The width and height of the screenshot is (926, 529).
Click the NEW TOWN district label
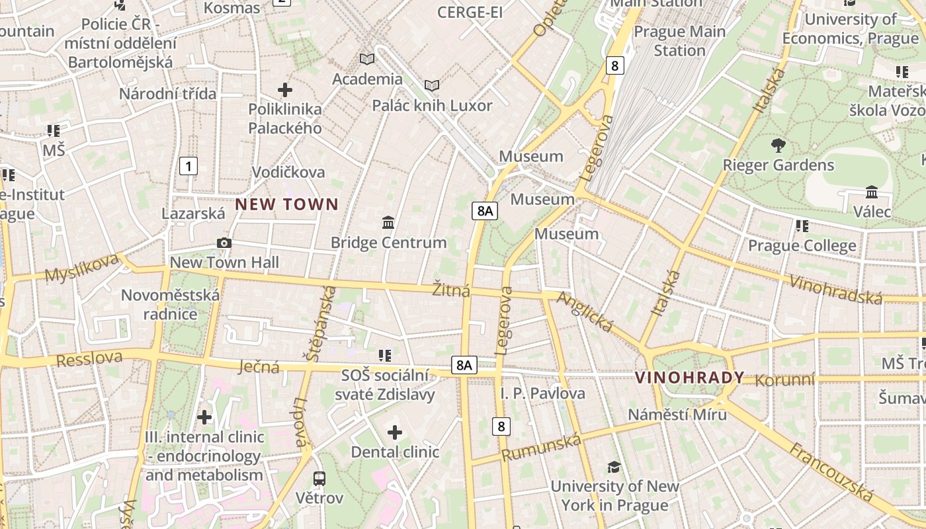pyautogui.click(x=286, y=204)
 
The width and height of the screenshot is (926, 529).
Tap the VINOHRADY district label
pyautogui.click(x=689, y=378)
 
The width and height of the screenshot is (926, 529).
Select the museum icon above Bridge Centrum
pyautogui.click(x=388, y=223)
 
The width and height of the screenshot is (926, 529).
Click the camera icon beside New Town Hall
pyautogui.click(x=224, y=243)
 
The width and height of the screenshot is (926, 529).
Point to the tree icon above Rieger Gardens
pyautogui.click(x=778, y=145)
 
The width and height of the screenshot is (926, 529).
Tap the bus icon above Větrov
pyautogui.click(x=319, y=478)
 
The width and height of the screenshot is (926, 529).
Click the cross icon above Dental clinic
pyautogui.click(x=395, y=433)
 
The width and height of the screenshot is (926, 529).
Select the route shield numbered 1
pyautogui.click(x=189, y=166)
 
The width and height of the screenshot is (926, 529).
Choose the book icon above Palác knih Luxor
pyautogui.click(x=432, y=85)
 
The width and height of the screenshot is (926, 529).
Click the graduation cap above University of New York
pyautogui.click(x=614, y=467)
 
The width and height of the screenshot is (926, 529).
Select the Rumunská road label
pyautogui.click(x=541, y=448)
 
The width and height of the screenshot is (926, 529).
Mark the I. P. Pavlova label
pyautogui.click(x=542, y=393)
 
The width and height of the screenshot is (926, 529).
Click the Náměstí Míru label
pyautogui.click(x=677, y=415)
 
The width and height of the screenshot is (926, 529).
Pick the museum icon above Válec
pyautogui.click(x=872, y=192)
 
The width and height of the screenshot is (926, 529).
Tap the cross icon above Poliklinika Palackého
pyautogui.click(x=285, y=89)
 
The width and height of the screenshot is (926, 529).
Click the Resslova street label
pyautogui.click(x=89, y=358)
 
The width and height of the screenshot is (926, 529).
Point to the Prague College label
pyautogui.click(x=802, y=246)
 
